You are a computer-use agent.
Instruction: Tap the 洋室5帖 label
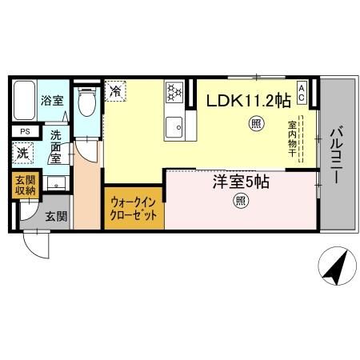pyautogui.click(x=240, y=182)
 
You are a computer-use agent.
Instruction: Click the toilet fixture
pyautogui.click(x=88, y=104)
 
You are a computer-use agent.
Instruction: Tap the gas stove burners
pyautogui.click(x=175, y=92)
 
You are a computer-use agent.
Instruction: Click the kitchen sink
pyautogui.click(x=174, y=126)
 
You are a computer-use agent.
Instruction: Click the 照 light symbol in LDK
pyautogui.click(x=255, y=123)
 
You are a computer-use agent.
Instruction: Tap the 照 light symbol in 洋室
pyautogui.click(x=240, y=202)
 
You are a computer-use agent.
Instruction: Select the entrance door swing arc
pyautogui.click(x=35, y=243)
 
